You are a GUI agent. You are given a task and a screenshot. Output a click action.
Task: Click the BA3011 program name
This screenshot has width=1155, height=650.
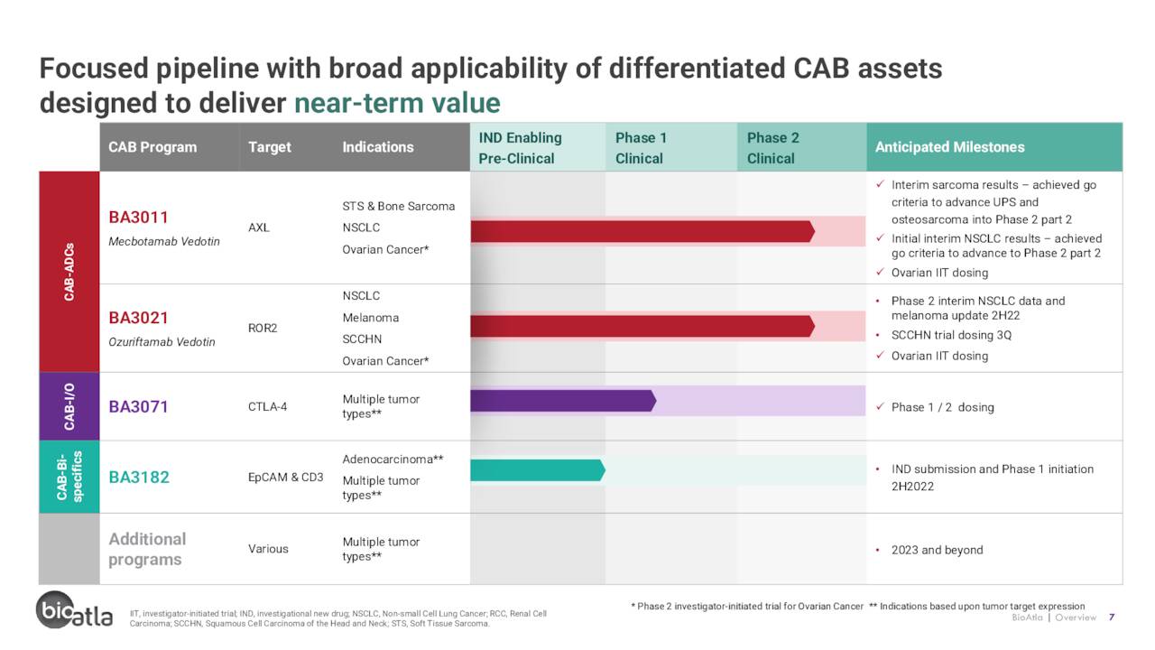138,218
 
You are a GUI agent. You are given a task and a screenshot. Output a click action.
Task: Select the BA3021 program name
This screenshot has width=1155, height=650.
138,318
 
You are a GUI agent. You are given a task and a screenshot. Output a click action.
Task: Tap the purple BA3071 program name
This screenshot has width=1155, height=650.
138,407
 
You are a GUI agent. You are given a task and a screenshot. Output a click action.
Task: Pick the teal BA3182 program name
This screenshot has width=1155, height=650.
139,478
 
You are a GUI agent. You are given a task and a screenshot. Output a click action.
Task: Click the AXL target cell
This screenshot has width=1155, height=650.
259,227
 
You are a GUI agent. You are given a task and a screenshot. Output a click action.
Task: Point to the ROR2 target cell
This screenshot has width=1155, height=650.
263,328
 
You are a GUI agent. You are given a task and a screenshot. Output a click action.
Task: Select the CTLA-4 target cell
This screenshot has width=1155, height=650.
268,407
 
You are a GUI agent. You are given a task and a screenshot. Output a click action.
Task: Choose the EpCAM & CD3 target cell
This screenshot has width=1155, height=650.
286,478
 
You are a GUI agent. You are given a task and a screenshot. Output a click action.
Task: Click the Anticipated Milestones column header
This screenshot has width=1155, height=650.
950,147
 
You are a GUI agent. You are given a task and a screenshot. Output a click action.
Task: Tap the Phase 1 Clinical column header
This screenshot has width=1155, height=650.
641,148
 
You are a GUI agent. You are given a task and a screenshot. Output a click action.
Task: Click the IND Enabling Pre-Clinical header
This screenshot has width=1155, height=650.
521,148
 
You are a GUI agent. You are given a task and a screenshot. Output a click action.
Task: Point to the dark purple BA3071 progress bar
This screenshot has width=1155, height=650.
563,401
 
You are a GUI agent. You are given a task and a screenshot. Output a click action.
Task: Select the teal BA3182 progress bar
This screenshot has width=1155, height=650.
538,470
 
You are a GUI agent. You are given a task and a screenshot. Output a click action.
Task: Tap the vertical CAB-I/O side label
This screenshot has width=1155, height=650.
69,406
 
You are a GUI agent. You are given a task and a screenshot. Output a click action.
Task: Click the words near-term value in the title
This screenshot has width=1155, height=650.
397,103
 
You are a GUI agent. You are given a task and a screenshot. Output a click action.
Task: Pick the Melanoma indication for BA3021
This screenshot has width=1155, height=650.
371,318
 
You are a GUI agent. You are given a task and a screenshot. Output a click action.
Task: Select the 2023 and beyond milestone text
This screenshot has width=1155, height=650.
937,550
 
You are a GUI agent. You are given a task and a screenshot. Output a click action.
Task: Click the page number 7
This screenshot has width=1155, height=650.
1112,617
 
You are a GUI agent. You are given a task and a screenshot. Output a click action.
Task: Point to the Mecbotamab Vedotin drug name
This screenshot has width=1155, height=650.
164,241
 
